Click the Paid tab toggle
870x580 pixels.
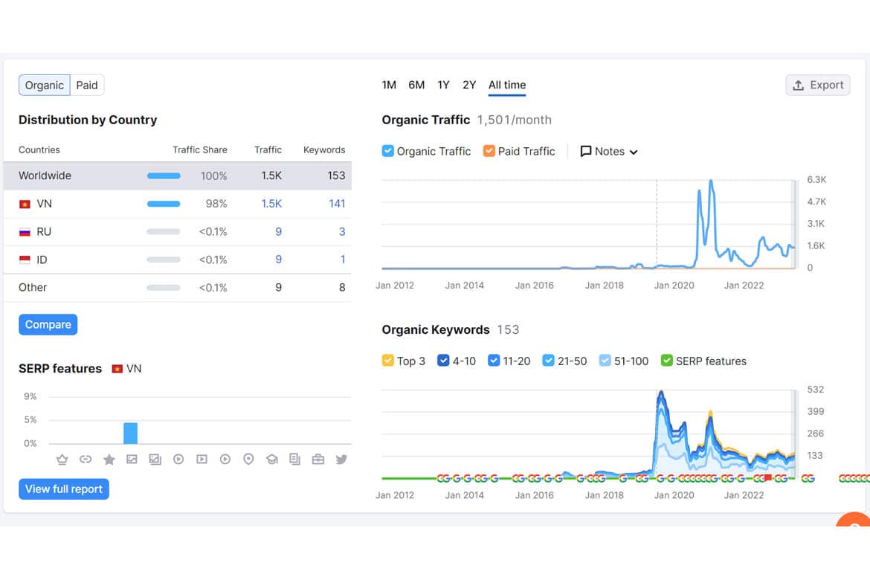click(x=87, y=86)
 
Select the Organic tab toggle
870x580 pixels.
click(x=45, y=86)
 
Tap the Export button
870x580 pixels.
click(x=818, y=85)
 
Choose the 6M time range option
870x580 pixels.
click(x=416, y=85)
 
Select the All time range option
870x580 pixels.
click(x=507, y=85)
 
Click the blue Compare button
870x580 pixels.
click(x=48, y=325)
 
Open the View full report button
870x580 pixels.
click(x=64, y=489)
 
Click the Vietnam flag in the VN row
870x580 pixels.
click(x=25, y=204)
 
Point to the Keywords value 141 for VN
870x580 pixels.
click(x=337, y=204)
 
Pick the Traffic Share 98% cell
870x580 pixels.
click(x=216, y=204)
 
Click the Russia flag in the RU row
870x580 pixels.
click(x=25, y=232)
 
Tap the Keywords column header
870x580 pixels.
click(x=324, y=150)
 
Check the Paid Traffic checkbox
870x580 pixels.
click(x=489, y=151)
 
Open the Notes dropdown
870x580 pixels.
click(x=609, y=152)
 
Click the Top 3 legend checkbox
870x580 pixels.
click(x=388, y=361)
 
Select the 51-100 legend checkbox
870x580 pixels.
click(x=605, y=361)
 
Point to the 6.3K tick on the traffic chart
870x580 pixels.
click(x=816, y=180)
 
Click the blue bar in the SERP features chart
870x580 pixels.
click(x=130, y=434)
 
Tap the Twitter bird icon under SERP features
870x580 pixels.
click(x=341, y=459)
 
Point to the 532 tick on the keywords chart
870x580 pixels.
click(x=816, y=390)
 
